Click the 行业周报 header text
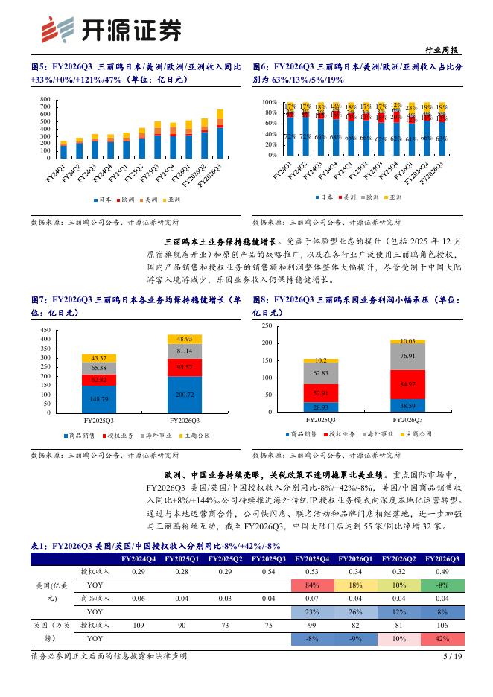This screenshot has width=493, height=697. point(445,50)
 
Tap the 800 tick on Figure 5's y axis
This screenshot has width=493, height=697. point(45,99)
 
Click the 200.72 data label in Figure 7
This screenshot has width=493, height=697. point(185,394)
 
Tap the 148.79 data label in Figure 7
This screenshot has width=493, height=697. point(99,398)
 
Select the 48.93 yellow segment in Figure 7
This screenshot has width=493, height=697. point(185,339)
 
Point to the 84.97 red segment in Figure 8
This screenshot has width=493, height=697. point(407,384)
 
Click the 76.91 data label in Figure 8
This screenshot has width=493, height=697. point(407,356)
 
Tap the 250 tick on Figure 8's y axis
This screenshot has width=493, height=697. point(267,326)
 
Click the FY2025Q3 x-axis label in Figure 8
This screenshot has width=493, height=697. point(321,419)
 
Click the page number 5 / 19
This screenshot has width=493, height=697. point(453,677)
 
